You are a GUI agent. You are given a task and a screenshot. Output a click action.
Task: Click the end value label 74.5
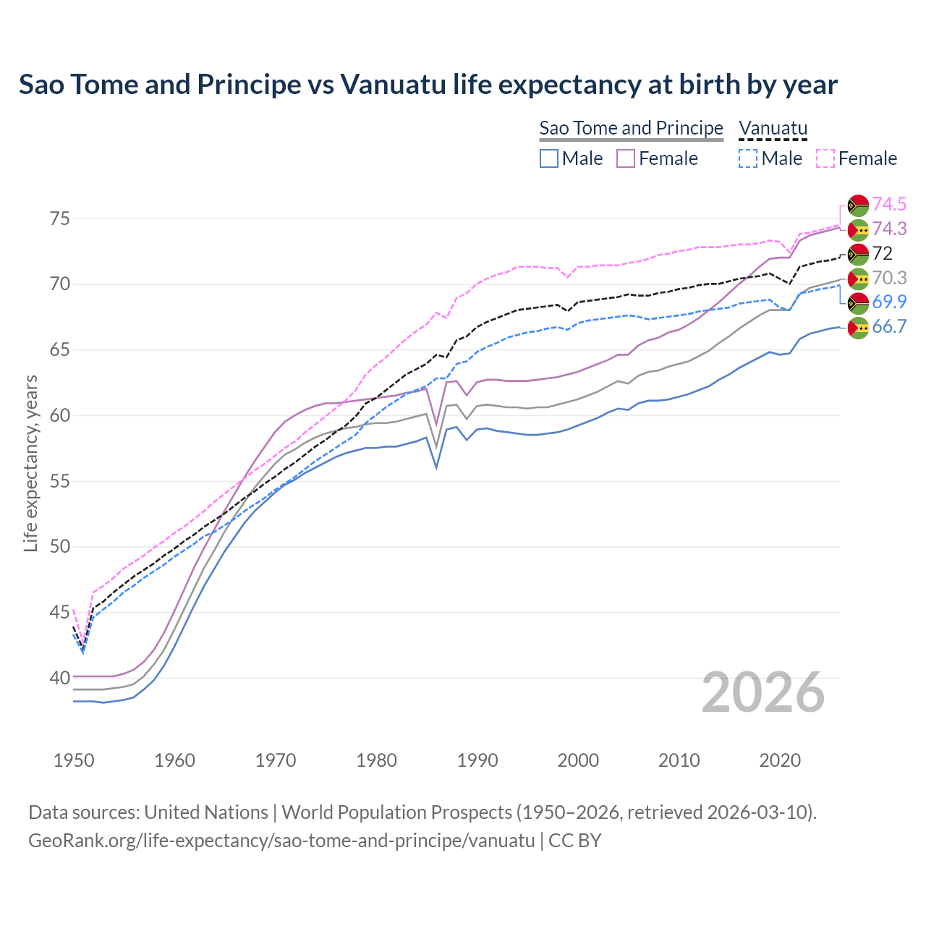[888, 204]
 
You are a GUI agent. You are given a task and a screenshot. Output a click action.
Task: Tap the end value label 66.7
[888, 326]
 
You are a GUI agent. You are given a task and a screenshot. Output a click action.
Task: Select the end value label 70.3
[888, 278]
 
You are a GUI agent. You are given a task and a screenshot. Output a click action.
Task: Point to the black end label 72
[883, 253]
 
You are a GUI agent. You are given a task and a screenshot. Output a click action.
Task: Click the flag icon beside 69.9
[858, 302]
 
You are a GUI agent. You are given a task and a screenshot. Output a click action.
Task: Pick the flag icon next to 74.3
[858, 229]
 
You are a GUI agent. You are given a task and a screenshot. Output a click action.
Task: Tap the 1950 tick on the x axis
[75, 760]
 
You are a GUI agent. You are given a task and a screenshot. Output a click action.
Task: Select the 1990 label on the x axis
[477, 760]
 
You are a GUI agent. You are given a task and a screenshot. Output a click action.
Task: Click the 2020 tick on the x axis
[780, 760]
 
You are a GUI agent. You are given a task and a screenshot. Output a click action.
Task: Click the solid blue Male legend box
[549, 158]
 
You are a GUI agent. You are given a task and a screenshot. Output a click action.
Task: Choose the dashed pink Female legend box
[825, 158]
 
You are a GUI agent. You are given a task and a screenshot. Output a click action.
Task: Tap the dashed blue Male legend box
[749, 158]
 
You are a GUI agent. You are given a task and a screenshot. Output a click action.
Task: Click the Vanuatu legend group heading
[773, 128]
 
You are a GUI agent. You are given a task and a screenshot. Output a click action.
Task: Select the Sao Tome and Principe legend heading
[631, 128]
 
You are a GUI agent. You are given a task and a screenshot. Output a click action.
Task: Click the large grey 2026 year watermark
[763, 692]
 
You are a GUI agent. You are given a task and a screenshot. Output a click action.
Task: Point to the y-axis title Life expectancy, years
[30, 463]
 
